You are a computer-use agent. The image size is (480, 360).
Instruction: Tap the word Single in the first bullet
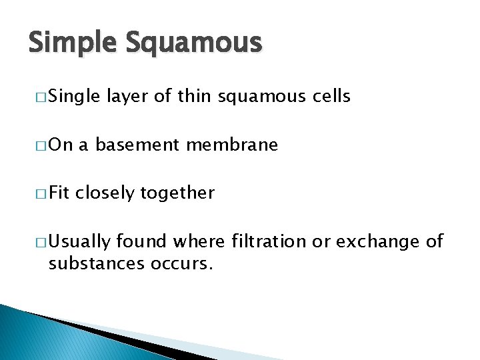[73, 97]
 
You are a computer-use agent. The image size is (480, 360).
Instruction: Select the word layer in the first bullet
[128, 97]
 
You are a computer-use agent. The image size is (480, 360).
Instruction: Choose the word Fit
[60, 193]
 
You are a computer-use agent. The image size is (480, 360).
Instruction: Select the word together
[177, 194]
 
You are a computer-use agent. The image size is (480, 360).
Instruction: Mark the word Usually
[79, 242]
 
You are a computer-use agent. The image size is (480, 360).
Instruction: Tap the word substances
[89, 263]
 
